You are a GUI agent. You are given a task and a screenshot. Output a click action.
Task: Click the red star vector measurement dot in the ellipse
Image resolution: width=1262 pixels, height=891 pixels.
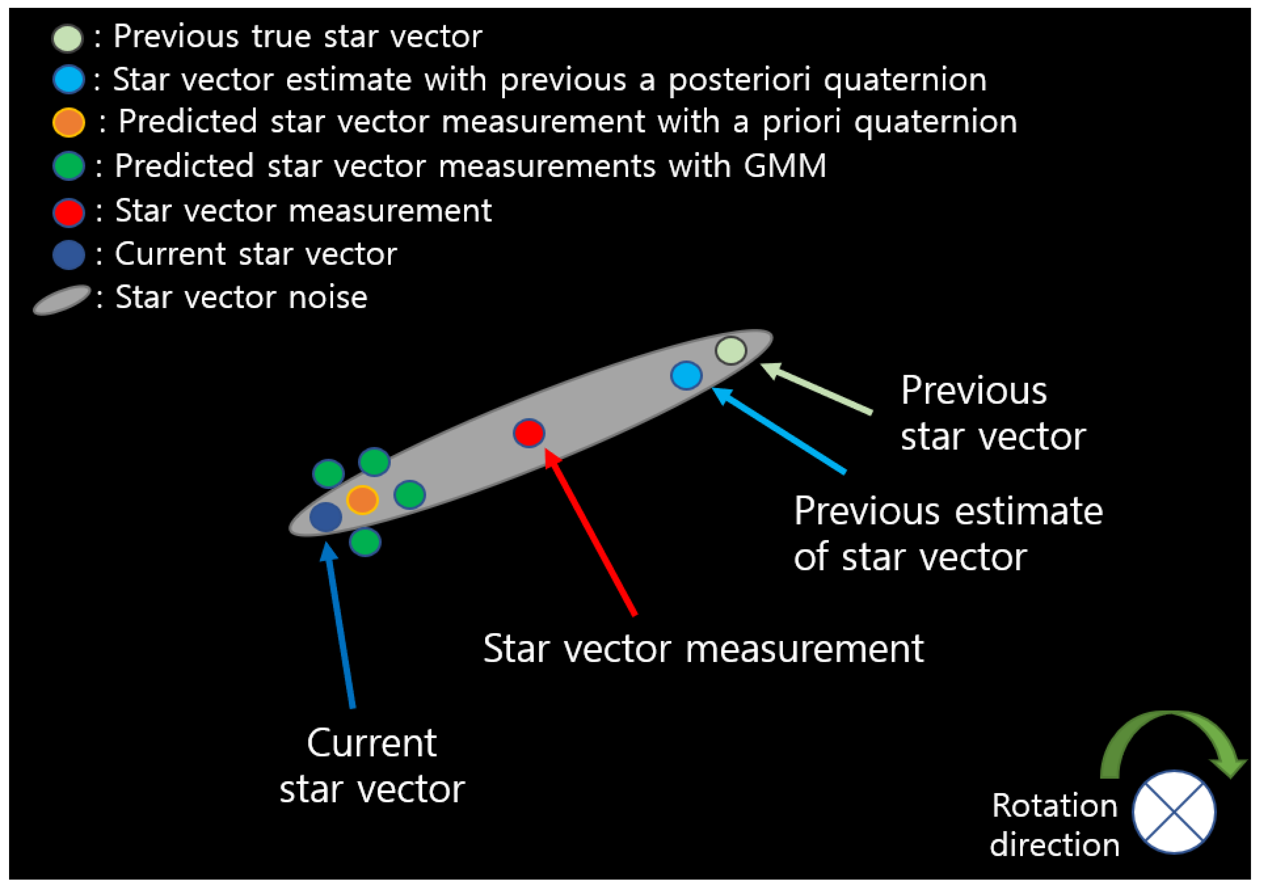pyautogui.click(x=529, y=433)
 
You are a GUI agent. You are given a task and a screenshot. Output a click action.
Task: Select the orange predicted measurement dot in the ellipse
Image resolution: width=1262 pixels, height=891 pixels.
pyautogui.click(x=362, y=500)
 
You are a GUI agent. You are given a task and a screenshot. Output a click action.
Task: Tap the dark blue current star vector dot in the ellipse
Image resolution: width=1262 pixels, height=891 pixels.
pyautogui.click(x=326, y=517)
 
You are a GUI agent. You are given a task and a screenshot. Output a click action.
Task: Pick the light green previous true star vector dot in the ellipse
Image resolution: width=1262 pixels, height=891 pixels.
pyautogui.click(x=731, y=350)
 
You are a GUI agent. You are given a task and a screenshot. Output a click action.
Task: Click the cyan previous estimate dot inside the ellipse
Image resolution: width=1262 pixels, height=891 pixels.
pyautogui.click(x=686, y=376)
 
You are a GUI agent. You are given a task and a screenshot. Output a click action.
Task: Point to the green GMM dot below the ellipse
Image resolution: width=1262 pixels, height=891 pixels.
pyautogui.click(x=365, y=542)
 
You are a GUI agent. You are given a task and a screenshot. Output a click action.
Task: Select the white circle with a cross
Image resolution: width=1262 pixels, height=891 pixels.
pyautogui.click(x=1174, y=812)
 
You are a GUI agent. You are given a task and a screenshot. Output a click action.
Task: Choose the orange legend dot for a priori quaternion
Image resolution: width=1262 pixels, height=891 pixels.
pyautogui.click(x=69, y=122)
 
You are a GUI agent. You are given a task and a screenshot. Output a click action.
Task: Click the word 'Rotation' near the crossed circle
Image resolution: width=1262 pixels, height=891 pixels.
pyautogui.click(x=1054, y=806)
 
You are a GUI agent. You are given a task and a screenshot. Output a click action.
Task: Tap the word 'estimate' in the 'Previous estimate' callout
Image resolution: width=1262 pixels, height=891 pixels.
pyautogui.click(x=1028, y=511)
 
